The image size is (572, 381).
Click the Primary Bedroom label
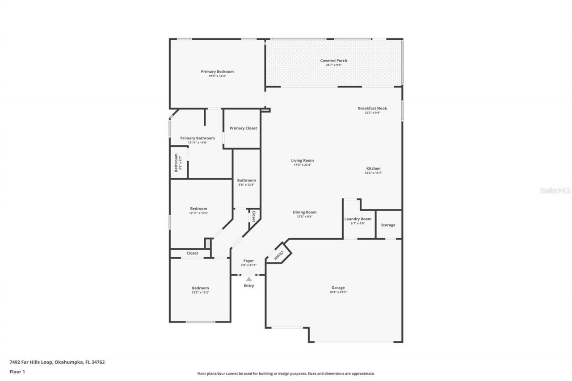(217, 71)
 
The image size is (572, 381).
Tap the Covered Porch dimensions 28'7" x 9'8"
(333, 65)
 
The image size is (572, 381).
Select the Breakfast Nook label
(372, 108)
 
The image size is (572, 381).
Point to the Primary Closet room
(243, 129)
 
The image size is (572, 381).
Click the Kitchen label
(373, 168)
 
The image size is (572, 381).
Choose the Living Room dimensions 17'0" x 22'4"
(303, 165)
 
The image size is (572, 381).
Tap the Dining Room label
(305, 212)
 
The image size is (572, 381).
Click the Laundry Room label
(358, 219)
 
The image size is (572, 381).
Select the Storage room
(388, 225)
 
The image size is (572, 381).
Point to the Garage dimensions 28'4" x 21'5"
(338, 292)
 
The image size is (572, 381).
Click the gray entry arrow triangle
(249, 279)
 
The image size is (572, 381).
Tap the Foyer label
(248, 261)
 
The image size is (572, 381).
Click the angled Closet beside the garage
(279, 255)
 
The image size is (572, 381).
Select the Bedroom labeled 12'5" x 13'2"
(200, 288)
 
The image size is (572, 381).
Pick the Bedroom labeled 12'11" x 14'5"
(198, 209)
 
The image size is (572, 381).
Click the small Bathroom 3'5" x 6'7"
(177, 163)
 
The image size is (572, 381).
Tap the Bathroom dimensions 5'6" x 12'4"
(246, 185)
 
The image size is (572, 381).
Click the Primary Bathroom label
(198, 138)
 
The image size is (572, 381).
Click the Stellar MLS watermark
(555, 190)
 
